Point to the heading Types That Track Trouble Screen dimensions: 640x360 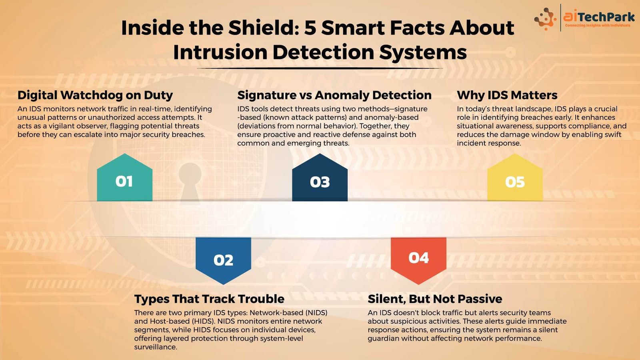tap(209, 299)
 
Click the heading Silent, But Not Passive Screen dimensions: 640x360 tap(435, 299)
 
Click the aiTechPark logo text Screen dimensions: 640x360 tap(599, 17)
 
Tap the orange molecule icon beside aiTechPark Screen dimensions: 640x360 tap(545, 19)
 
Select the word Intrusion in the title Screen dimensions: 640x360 tap(220, 52)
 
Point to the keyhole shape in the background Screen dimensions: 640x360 tap(190, 183)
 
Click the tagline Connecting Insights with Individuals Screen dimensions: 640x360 tap(598, 26)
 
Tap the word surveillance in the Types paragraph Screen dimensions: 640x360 tap(156, 347)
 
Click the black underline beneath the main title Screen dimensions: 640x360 tap(320, 68)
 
